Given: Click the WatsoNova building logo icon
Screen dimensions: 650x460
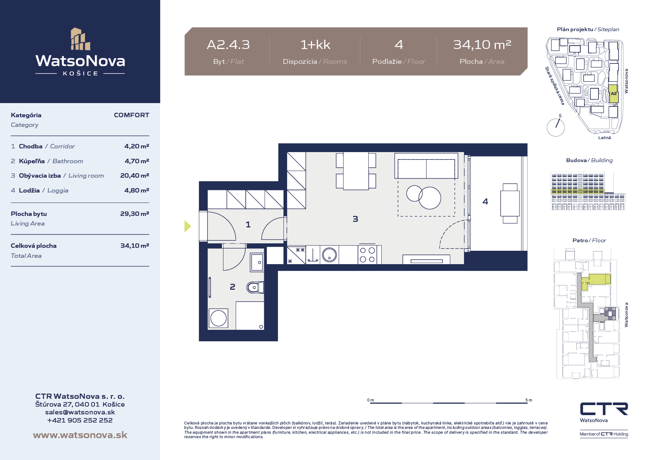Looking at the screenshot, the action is click(80, 39).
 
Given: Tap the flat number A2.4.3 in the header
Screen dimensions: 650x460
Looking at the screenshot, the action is click(228, 45).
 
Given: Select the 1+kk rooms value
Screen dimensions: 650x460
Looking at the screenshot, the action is click(315, 45).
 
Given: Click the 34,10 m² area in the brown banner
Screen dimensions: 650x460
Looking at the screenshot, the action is click(482, 45).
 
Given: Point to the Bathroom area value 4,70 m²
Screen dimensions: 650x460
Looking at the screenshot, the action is click(137, 161).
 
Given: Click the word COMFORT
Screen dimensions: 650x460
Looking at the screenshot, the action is click(132, 115).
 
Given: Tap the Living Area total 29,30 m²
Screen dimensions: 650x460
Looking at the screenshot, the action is click(135, 214).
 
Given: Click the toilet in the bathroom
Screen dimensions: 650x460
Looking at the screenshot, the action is click(255, 287).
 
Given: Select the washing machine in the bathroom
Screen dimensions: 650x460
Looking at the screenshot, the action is click(218, 318).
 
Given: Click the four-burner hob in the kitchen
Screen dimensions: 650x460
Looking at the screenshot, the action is click(367, 255).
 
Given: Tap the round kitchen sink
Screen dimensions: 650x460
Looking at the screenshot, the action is click(329, 255).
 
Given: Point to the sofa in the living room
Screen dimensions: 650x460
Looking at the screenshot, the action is click(426, 166).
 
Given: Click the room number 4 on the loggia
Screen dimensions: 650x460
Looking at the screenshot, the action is click(485, 201).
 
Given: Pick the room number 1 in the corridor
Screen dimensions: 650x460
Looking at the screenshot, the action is click(248, 224).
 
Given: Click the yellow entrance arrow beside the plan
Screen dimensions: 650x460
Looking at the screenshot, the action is click(188, 226).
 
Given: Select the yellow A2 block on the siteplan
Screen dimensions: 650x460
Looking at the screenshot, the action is click(614, 94).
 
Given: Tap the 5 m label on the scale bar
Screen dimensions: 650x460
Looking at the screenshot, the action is click(529, 400).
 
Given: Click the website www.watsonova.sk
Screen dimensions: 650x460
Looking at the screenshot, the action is click(80, 435).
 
